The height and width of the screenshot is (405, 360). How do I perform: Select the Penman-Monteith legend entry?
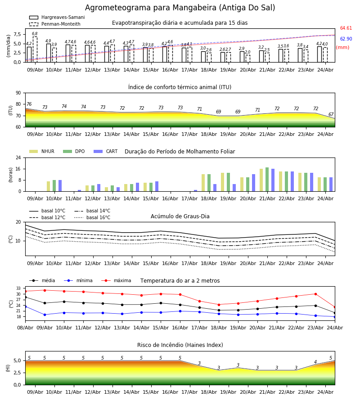(x=55, y=24)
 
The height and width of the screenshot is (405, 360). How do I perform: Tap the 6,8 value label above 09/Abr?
(x=35, y=34)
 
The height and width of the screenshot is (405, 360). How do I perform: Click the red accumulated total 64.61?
(x=346, y=28)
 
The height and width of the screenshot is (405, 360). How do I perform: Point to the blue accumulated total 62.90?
(x=346, y=39)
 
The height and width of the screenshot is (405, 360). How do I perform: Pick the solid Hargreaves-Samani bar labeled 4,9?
(x=49, y=53)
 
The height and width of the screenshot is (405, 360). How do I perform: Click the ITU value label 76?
(x=29, y=104)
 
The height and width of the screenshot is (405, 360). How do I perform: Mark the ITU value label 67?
(x=331, y=114)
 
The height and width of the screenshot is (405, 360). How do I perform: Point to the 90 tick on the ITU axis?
(x=18, y=93)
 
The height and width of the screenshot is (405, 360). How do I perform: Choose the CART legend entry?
(x=106, y=151)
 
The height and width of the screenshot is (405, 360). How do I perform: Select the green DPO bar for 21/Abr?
(x=267, y=180)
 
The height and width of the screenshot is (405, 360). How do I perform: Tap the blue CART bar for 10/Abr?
(x=60, y=186)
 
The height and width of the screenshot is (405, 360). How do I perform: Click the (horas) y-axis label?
(x=11, y=175)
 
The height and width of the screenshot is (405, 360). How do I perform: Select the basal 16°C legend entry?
(x=92, y=217)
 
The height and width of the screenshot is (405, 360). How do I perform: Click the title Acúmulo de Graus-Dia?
(x=180, y=216)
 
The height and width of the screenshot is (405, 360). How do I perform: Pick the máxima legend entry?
(x=116, y=280)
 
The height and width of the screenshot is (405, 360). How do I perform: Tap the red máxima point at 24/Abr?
(x=335, y=307)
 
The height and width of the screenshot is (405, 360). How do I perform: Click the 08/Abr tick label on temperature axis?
(x=25, y=328)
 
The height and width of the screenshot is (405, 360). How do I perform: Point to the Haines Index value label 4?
(x=315, y=362)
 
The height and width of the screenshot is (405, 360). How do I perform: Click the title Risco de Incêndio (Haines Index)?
(x=180, y=345)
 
